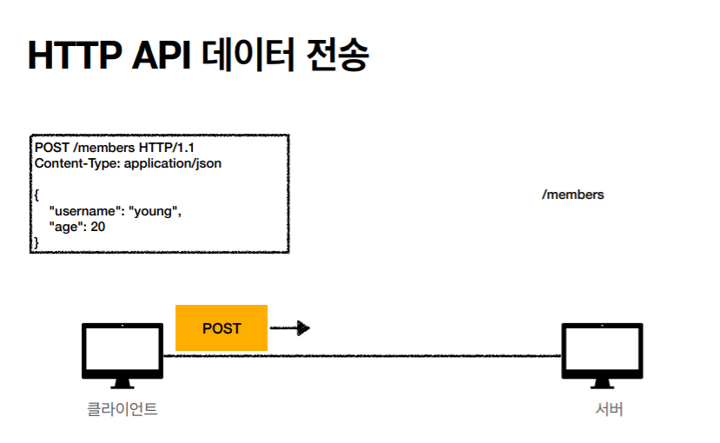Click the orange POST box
click(x=221, y=328)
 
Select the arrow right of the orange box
click(x=290, y=328)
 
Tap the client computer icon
click(x=122, y=355)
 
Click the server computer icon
click(x=602, y=355)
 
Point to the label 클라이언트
click(x=122, y=409)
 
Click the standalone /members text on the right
click(x=572, y=195)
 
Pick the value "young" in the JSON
click(x=155, y=211)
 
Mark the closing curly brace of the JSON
click(x=36, y=242)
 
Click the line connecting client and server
click(x=417, y=355)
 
